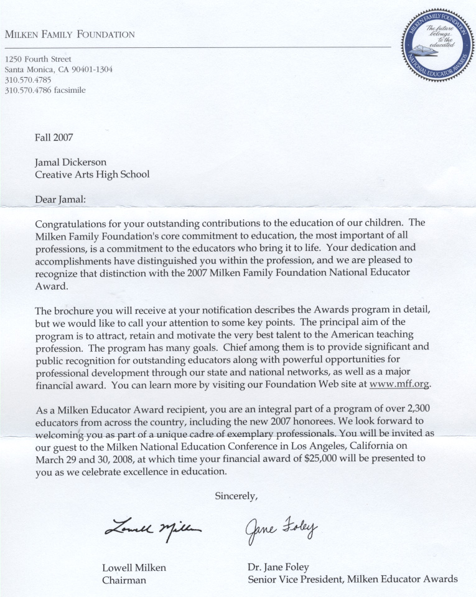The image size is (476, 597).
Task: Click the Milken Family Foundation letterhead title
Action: click(70, 35)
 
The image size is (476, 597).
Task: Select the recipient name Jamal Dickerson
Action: click(70, 162)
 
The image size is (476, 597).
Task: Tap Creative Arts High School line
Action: click(92, 174)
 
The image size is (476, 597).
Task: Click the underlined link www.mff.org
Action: click(399, 384)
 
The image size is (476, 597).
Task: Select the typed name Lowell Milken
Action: click(134, 567)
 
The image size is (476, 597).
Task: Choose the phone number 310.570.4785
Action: click(27, 80)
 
